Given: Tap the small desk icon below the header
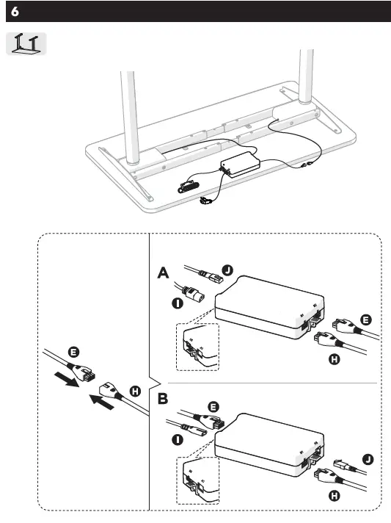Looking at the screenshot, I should point(27,43).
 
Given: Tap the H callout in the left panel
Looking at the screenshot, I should point(135,391).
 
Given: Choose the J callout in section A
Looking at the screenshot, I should point(227,270).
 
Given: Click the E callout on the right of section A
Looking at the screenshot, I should point(365,320).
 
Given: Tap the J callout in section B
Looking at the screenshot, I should point(366,459).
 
